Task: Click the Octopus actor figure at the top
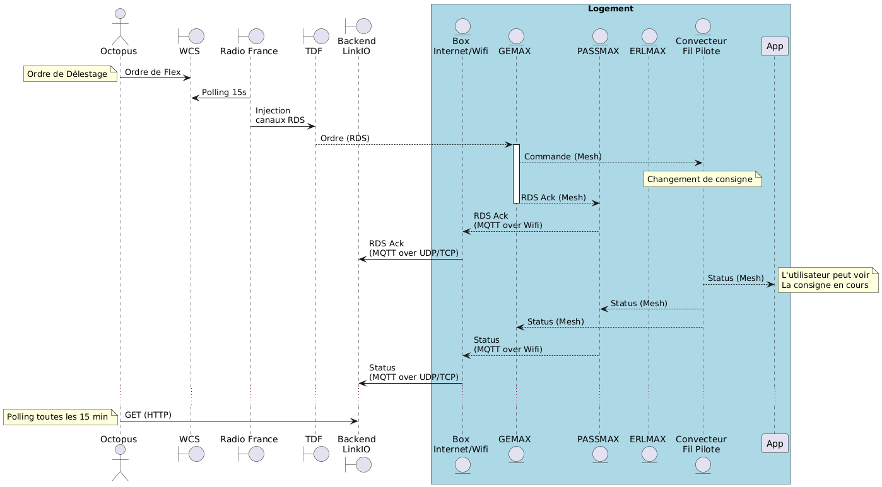[x=119, y=28]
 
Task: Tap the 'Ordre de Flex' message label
[x=152, y=72]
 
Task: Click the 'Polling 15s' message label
[x=224, y=92]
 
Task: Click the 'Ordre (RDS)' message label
[x=344, y=138]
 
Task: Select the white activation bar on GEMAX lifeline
[x=516, y=173]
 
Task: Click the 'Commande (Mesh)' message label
[x=563, y=156]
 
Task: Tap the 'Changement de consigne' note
[x=700, y=180]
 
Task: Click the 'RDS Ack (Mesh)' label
[x=553, y=198]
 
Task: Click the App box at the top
[x=775, y=45]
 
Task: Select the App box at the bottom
[x=775, y=443]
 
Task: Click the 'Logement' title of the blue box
[x=610, y=9]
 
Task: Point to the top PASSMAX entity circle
[x=599, y=35]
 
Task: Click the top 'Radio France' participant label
[x=250, y=51]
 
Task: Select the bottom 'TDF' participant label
[x=314, y=439]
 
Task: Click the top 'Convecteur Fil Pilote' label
[x=701, y=46]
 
